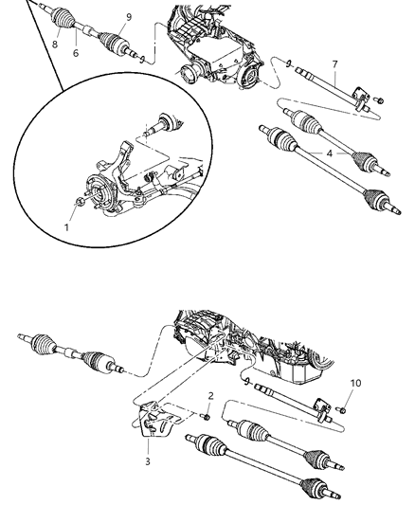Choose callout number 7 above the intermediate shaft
tap(334, 64)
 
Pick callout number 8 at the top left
tap(55, 42)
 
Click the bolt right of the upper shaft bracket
tap(378, 97)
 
